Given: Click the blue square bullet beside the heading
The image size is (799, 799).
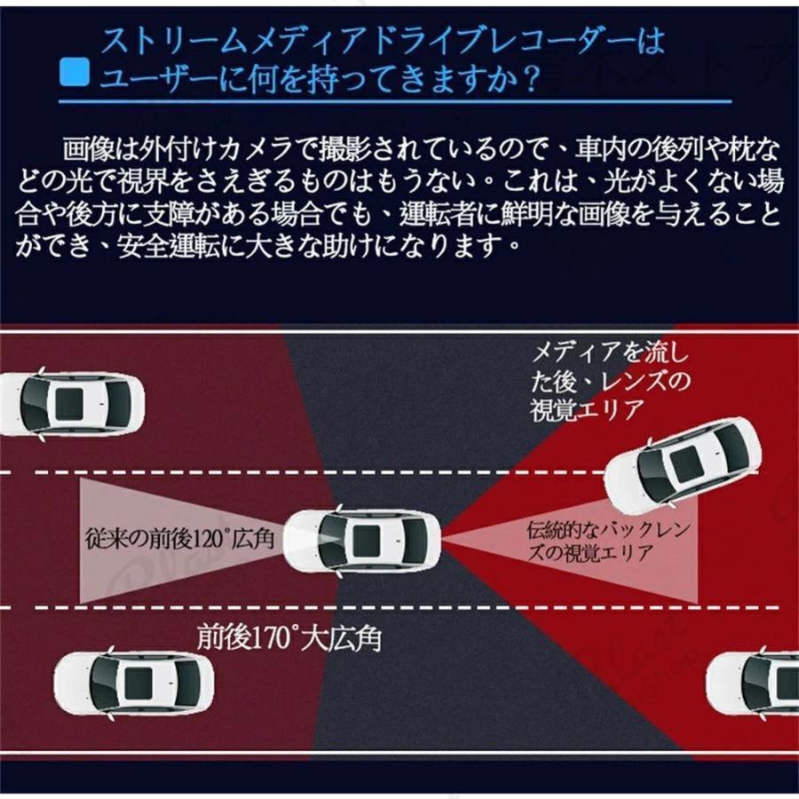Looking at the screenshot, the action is coord(75,71).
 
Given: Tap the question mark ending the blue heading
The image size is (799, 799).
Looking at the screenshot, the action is coord(532,77).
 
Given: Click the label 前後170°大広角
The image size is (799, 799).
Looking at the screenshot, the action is coord(289,638).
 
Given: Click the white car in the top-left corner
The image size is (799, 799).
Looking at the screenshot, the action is coord(71,405).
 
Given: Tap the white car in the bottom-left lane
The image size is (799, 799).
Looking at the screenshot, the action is coord(133,684).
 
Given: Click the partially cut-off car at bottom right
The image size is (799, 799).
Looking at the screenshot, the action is coord(753,683).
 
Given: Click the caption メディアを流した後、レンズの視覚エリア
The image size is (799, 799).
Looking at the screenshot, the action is coord(610,381).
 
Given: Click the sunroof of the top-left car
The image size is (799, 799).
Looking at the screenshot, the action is coord(68,405).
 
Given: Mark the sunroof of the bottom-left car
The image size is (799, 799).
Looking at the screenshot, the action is coord(138,684).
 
